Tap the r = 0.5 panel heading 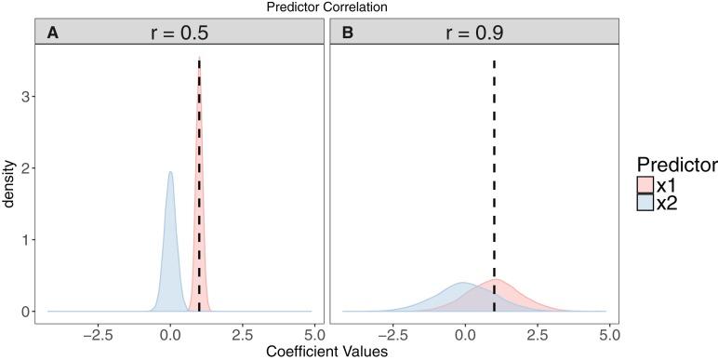(x=179, y=33)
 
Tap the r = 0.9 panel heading (x=474, y=33)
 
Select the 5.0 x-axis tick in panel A (x=314, y=331)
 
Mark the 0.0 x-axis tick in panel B (x=465, y=331)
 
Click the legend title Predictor (x=676, y=165)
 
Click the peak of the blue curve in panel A (x=170, y=172)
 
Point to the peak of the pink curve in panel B (x=496, y=279)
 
